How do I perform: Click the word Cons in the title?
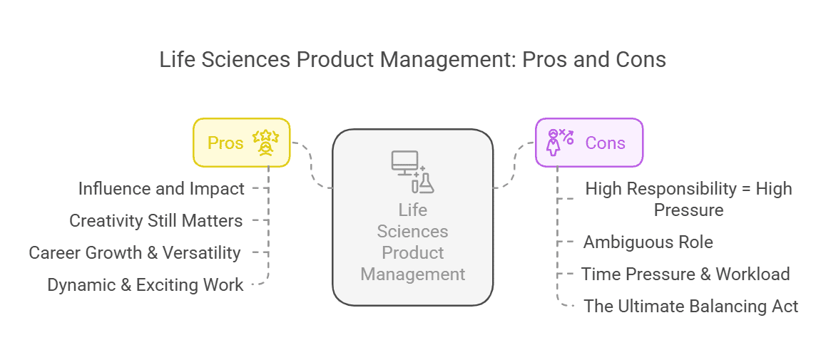(x=640, y=60)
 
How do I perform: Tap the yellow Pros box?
(x=241, y=143)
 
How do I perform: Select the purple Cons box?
(x=589, y=143)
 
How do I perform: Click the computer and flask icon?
(x=413, y=171)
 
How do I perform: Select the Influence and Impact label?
(x=161, y=189)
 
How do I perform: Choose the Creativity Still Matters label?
(x=155, y=221)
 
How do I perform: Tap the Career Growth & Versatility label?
(x=134, y=252)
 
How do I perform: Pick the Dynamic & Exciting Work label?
(x=146, y=285)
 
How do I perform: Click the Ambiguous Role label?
(x=648, y=242)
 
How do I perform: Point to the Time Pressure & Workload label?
(x=685, y=274)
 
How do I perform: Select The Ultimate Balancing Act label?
(x=690, y=307)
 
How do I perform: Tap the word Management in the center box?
(x=413, y=274)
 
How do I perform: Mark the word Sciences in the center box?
(x=413, y=232)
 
